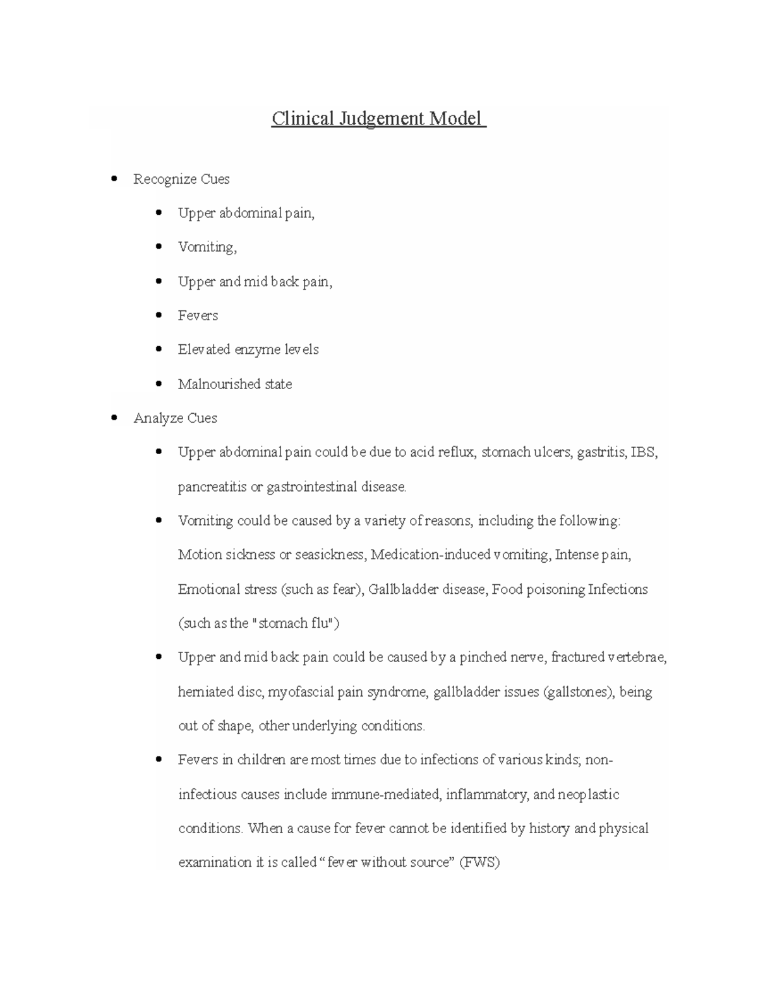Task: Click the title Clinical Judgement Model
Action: click(378, 118)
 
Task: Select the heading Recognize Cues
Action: click(181, 179)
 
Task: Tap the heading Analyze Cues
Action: click(175, 418)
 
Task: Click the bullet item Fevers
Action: click(198, 316)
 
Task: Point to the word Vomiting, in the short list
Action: click(207, 248)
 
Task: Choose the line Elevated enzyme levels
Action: click(248, 350)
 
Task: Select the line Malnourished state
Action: click(235, 384)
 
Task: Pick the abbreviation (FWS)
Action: click(479, 862)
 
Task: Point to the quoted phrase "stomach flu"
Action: click(292, 623)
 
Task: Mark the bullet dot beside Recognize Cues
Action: click(114, 179)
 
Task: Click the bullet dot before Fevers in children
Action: click(159, 759)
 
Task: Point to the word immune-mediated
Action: click(385, 794)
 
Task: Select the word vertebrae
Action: click(637, 658)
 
